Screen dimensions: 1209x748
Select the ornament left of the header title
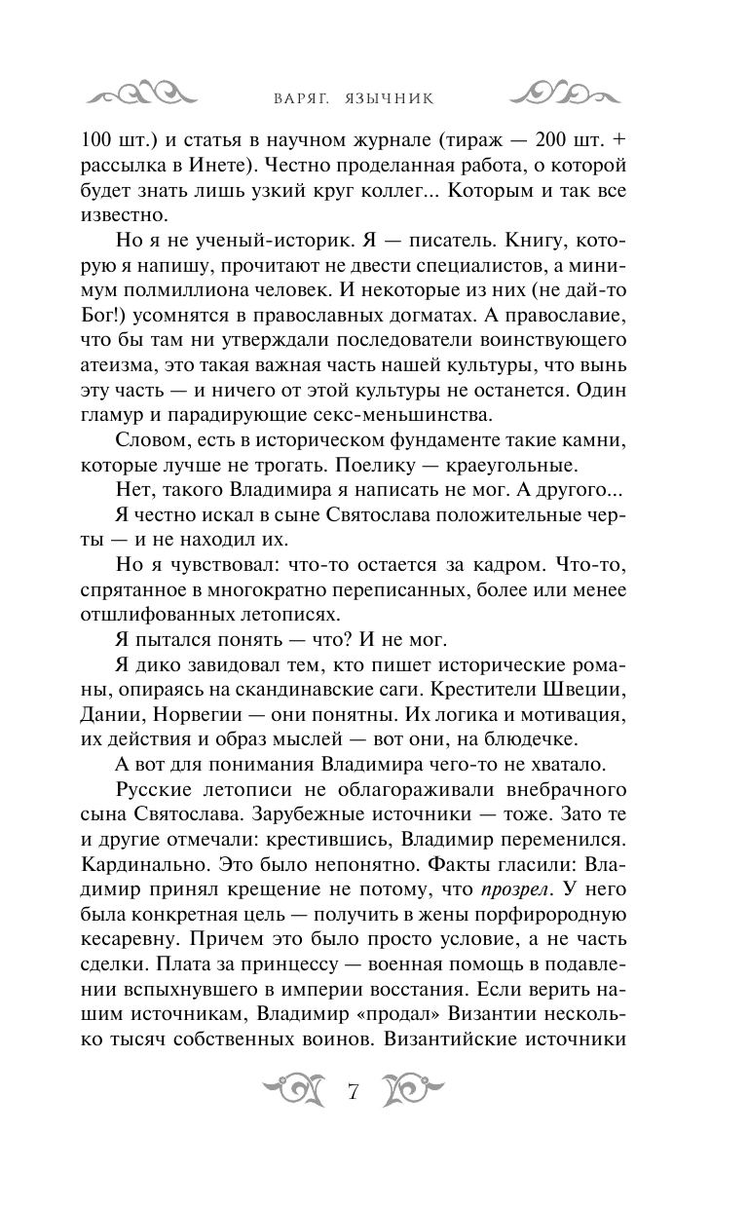tap(141, 94)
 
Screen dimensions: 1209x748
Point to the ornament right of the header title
tap(564, 94)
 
